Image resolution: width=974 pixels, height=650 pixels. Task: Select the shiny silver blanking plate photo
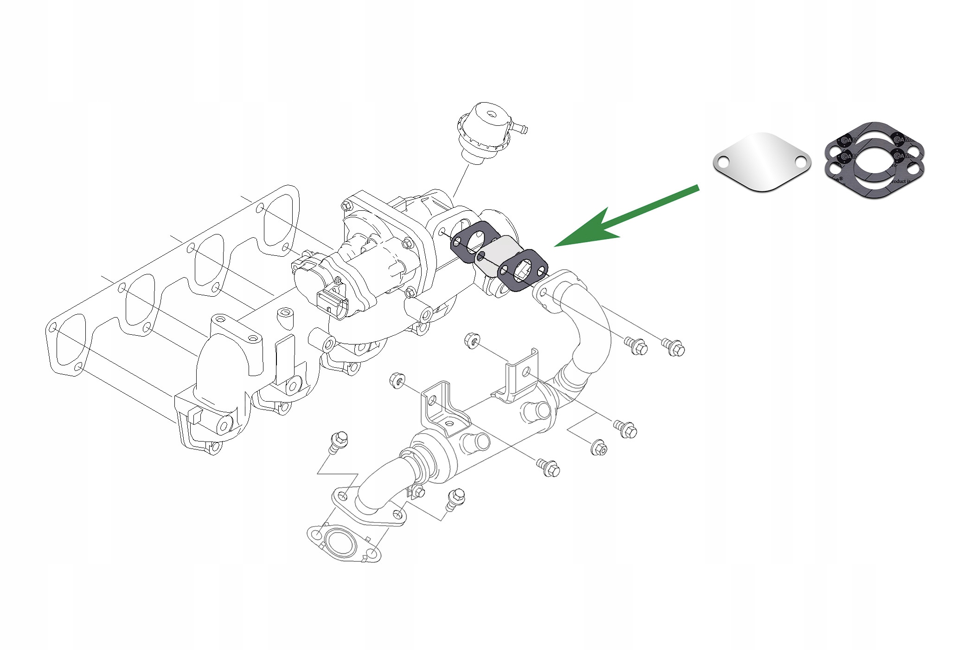tap(762, 161)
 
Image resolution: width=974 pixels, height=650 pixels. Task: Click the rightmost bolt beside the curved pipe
tap(675, 347)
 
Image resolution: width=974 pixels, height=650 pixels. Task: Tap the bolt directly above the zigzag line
tap(339, 441)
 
